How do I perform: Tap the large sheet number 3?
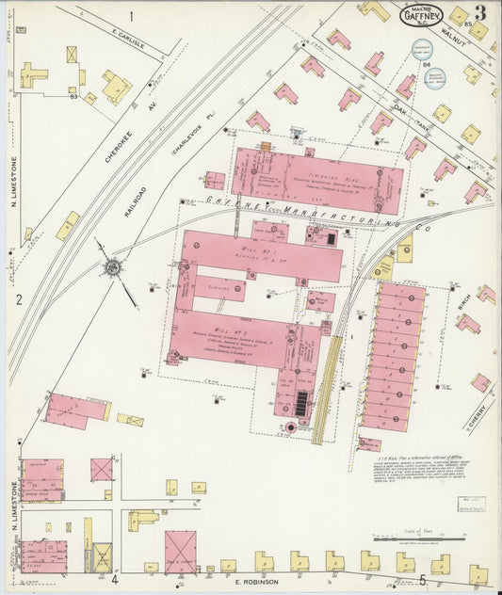tap(480, 12)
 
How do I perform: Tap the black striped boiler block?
tap(301, 404)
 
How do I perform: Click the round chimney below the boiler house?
tap(291, 428)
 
